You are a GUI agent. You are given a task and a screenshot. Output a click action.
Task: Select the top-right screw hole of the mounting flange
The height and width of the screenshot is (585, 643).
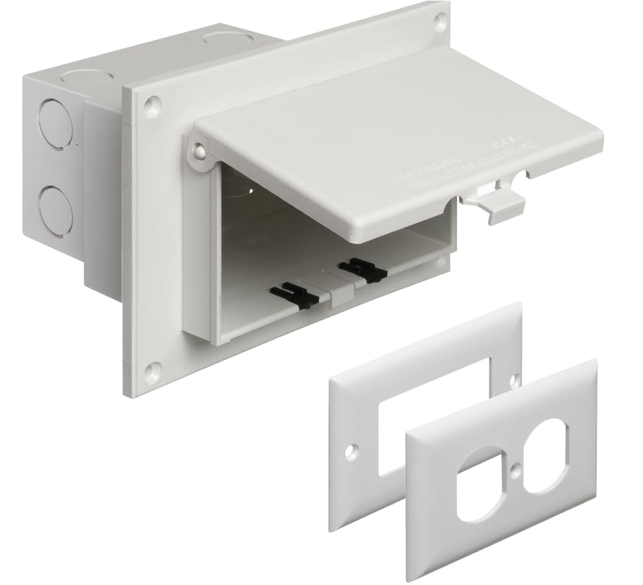(x=438, y=21)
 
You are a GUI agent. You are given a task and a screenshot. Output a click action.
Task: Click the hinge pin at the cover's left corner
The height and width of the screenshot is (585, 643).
(x=199, y=151)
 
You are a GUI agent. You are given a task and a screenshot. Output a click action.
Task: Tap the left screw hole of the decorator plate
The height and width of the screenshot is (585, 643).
(x=352, y=451)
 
